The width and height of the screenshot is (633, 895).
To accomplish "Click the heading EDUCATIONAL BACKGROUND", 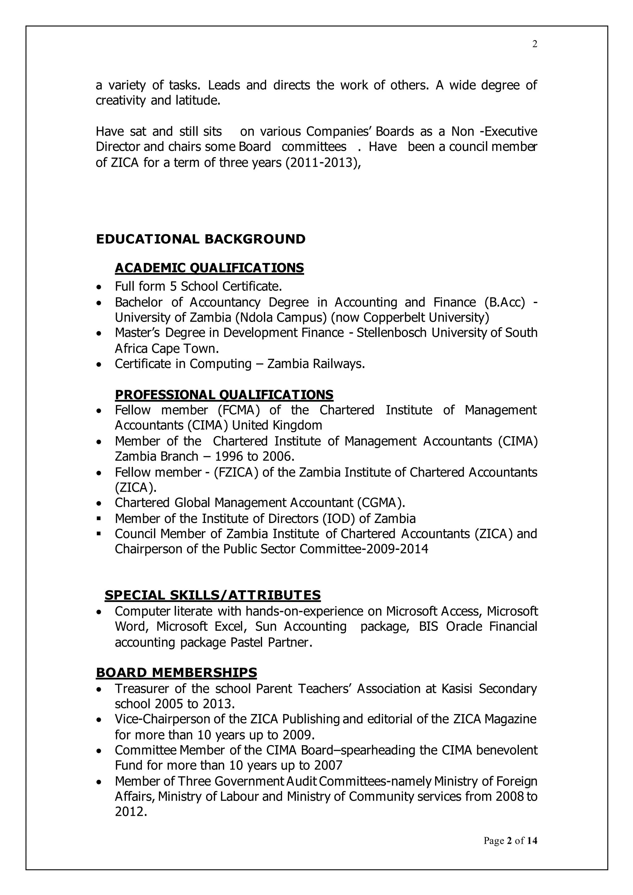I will [x=201, y=239].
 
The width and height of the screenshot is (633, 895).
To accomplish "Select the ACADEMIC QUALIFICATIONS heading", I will [x=209, y=268].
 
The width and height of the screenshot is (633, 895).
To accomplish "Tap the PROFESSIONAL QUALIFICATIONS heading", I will [x=224, y=395].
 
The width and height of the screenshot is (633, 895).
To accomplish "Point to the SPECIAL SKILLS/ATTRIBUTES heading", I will [x=212, y=595].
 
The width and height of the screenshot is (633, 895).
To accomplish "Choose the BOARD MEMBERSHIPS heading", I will [x=176, y=673].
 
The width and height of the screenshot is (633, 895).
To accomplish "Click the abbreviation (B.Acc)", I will [x=505, y=302].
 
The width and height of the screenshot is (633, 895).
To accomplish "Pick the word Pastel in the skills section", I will [x=246, y=642].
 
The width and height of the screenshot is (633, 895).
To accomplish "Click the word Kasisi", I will [x=457, y=689].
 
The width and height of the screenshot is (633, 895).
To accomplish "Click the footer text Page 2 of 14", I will [x=510, y=840].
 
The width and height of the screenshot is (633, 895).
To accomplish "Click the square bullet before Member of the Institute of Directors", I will [x=99, y=519].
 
